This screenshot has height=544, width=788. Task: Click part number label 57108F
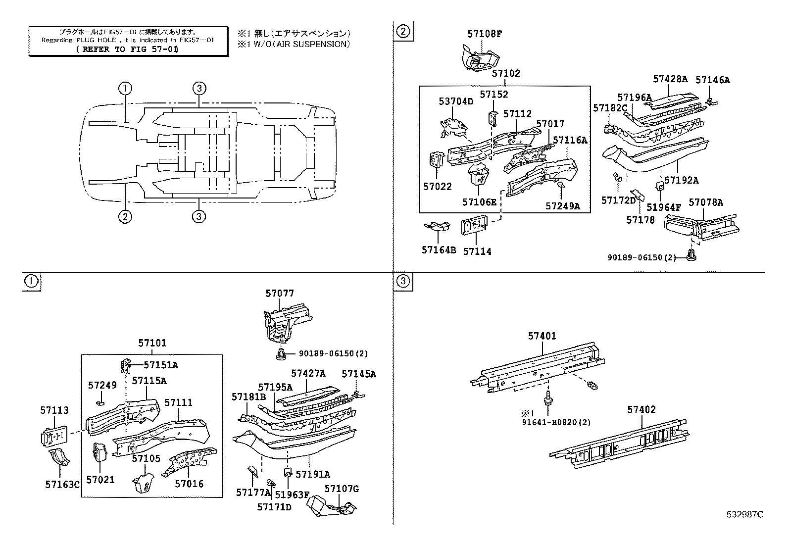pos(485,34)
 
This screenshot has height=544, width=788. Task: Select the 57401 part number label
pos(542,336)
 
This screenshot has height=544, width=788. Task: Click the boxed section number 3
pos(403,282)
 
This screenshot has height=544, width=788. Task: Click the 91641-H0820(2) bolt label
pos(556,422)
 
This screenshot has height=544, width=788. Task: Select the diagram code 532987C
pos(745,514)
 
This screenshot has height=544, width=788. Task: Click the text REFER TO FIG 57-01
pos(128,49)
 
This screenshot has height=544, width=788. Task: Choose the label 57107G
pos(342,489)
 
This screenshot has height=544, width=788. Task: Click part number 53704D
pos(456,101)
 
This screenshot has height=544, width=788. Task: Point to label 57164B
pos(439,250)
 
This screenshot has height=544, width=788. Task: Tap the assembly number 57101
pos(152,343)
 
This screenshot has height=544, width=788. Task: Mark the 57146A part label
pos(713,80)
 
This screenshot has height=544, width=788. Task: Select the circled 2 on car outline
pos(125,216)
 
